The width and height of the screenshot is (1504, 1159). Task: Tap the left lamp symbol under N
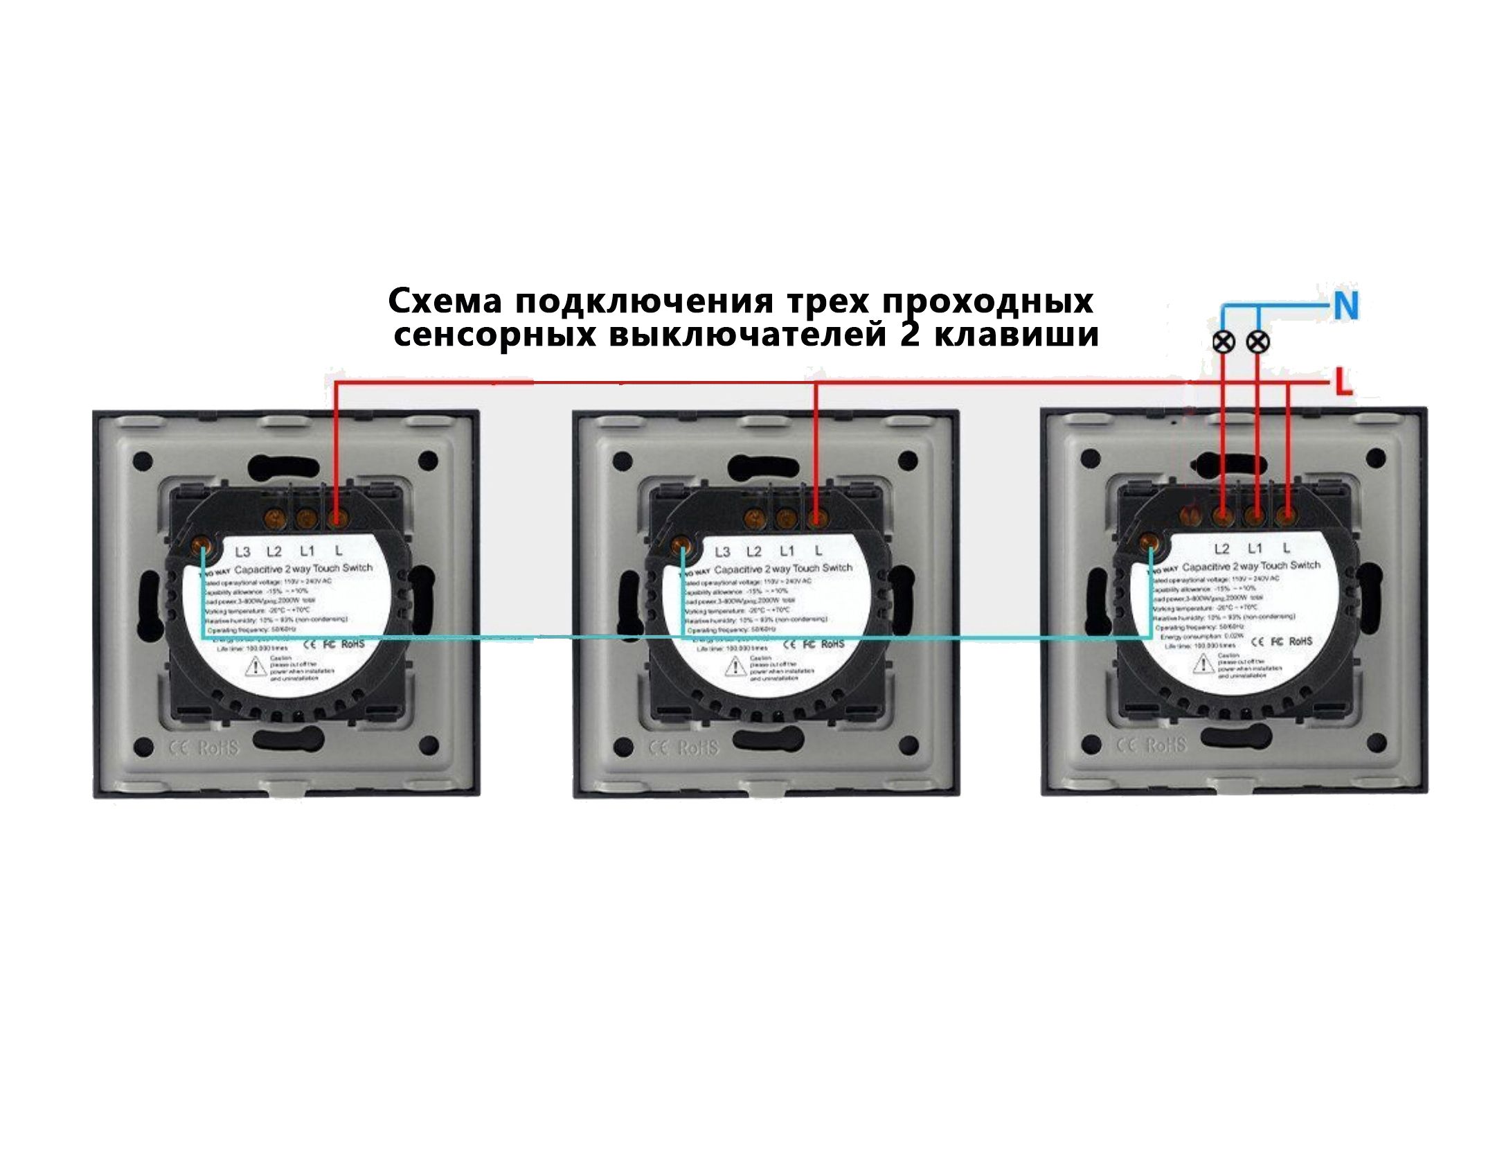click(x=1224, y=342)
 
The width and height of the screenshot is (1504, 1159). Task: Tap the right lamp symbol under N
click(x=1257, y=342)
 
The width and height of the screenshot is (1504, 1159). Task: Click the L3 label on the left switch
click(x=242, y=552)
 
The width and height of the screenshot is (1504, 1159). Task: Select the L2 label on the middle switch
click(x=753, y=551)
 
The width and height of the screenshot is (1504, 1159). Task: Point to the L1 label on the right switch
click(x=1255, y=549)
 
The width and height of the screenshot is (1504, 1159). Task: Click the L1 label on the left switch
click(x=306, y=551)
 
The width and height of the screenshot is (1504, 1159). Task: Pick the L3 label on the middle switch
click(x=722, y=552)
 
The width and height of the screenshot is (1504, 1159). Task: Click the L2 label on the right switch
click(x=1221, y=549)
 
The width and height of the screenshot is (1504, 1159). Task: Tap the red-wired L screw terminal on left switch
click(x=337, y=517)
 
